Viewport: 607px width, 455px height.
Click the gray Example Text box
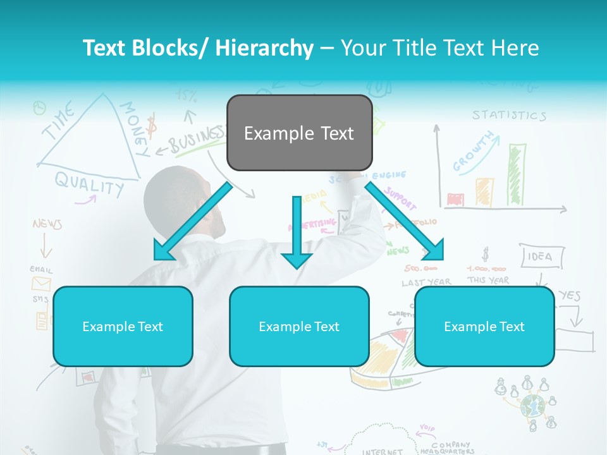click(x=299, y=133)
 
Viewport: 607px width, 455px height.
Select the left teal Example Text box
click(x=123, y=326)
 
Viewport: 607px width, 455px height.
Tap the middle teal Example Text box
click(x=299, y=326)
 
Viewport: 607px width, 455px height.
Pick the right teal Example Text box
click(x=484, y=326)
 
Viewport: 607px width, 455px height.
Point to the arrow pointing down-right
click(x=405, y=221)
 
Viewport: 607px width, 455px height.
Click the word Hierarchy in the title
click(x=264, y=48)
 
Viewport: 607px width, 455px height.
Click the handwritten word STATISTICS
click(x=509, y=116)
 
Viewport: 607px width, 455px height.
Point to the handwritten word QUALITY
click(x=89, y=184)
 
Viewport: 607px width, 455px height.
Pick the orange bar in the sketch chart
click(x=484, y=191)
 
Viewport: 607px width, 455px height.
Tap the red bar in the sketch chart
click(x=455, y=200)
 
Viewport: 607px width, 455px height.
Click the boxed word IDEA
click(x=539, y=257)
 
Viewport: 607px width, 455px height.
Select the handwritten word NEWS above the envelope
click(x=47, y=224)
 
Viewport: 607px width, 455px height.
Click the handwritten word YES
click(x=570, y=295)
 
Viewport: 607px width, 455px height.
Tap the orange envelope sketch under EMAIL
click(x=41, y=283)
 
